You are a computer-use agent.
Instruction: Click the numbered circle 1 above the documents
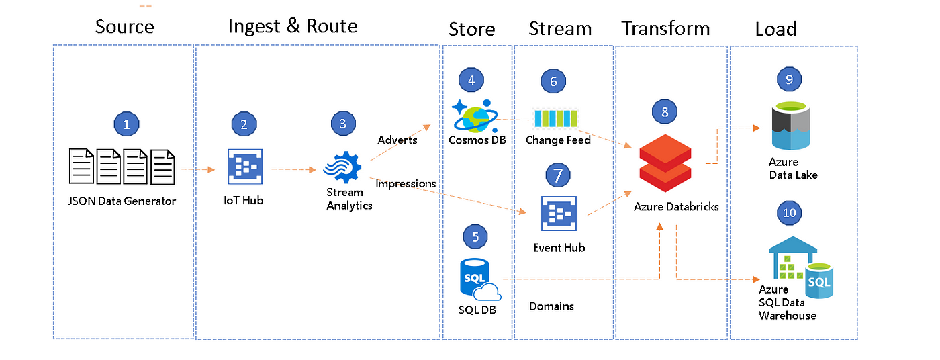point(126,124)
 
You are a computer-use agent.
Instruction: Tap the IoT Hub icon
point(245,167)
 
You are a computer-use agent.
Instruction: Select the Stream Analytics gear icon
point(343,167)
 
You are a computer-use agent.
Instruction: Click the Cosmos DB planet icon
point(475,116)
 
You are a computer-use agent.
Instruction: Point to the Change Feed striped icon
point(556,118)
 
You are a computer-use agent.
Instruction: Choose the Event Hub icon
point(559,214)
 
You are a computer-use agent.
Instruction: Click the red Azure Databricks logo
point(665,163)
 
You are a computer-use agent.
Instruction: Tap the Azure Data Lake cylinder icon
point(791,126)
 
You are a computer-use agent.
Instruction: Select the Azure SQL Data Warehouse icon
point(800,267)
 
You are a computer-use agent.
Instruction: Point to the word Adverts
point(397,140)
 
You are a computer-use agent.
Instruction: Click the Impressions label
point(406,184)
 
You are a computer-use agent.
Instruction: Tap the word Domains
point(551,306)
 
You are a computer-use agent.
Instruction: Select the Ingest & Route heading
point(293,26)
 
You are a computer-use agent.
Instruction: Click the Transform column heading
point(665,28)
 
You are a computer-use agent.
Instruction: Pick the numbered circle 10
point(789,213)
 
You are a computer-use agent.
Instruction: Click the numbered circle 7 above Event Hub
point(558,175)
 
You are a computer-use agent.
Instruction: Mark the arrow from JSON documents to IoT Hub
point(197,169)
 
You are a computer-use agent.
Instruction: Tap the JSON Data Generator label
point(122,201)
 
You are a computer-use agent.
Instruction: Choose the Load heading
point(775,29)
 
